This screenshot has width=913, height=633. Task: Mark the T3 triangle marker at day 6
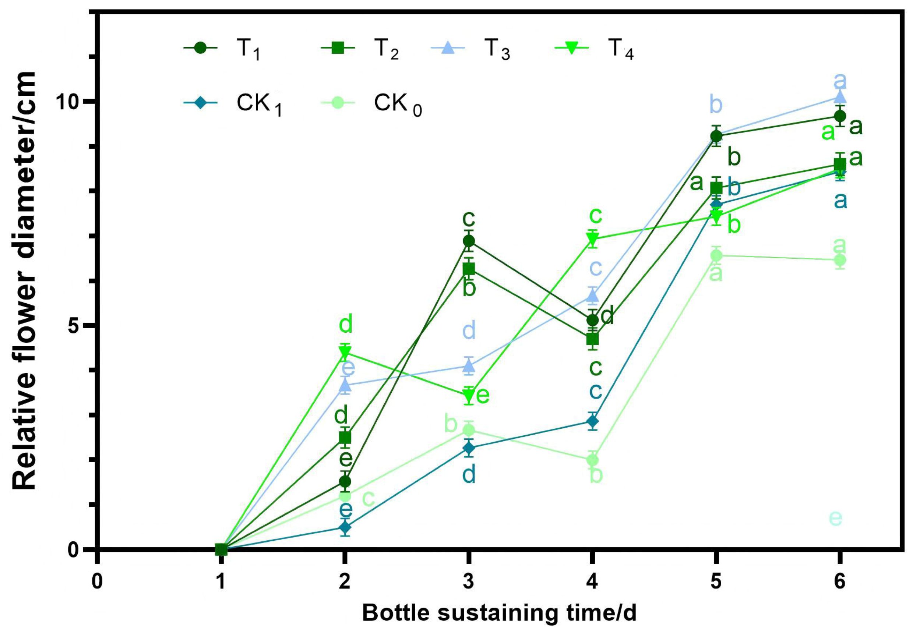[840, 97]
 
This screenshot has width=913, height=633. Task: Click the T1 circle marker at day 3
[469, 241]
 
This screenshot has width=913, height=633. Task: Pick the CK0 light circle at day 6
[840, 260]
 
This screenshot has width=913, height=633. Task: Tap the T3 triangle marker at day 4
[592, 296]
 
